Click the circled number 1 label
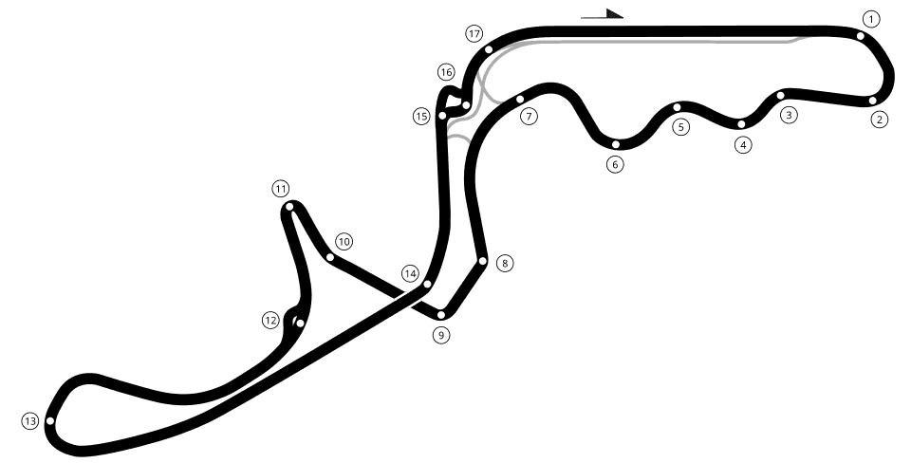tap(870, 19)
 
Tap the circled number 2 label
tap(880, 120)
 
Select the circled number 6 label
tap(615, 164)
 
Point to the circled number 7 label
tap(529, 116)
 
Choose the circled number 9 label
tap(441, 335)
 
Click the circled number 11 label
tap(281, 189)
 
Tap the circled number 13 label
tap(30, 421)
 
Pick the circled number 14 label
tap(410, 273)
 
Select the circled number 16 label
tap(446, 73)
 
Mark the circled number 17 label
tap(474, 34)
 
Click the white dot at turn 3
tap(780, 95)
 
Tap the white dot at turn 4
tap(741, 123)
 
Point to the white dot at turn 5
tap(677, 107)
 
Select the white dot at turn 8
tap(482, 261)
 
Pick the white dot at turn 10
tap(330, 257)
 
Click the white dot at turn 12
tap(300, 323)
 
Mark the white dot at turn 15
tap(442, 115)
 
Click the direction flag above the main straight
tap(603, 14)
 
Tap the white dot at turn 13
tap(50, 420)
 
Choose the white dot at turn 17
tap(489, 49)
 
